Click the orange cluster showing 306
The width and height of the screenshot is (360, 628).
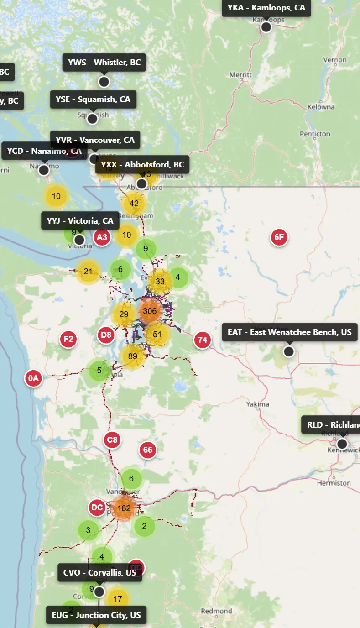(x=150, y=311)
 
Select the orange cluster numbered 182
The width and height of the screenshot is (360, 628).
(x=124, y=508)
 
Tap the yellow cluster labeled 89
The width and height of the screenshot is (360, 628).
(x=133, y=356)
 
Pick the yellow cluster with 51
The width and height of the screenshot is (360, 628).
(x=157, y=335)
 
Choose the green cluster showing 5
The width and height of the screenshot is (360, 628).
(x=99, y=371)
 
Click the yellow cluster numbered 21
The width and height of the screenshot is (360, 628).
(x=88, y=272)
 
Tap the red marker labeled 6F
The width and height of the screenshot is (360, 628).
(x=279, y=237)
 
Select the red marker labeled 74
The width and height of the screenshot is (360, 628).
(x=203, y=340)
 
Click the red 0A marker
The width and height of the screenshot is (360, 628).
(x=33, y=378)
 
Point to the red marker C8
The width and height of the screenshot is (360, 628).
(x=112, y=440)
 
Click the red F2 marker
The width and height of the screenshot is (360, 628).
(x=68, y=339)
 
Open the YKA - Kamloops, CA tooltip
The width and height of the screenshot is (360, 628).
(x=266, y=8)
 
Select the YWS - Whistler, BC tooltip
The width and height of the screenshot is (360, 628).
(x=104, y=63)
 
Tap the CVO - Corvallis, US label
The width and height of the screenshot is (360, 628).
(x=100, y=572)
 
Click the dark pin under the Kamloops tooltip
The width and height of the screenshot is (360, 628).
(x=266, y=27)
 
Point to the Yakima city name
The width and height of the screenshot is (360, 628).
(x=258, y=404)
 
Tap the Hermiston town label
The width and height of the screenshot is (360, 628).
(x=334, y=483)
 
